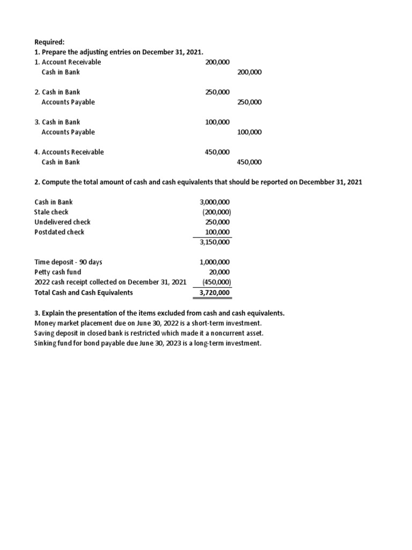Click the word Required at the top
point(49,42)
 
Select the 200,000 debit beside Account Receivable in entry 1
point(217,62)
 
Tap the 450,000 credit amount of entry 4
point(249,162)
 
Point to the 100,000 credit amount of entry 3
point(249,132)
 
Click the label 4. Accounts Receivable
point(69,152)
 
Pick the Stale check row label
point(51,212)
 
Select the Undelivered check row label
point(62,222)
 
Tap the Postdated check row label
point(59,232)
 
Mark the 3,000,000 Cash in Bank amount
point(215,202)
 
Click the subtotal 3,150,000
point(215,242)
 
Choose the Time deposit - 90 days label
point(68,262)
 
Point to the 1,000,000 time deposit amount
point(215,262)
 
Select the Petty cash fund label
point(57,272)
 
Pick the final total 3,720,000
point(215,293)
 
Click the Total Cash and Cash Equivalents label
point(83,293)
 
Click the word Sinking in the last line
point(46,343)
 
